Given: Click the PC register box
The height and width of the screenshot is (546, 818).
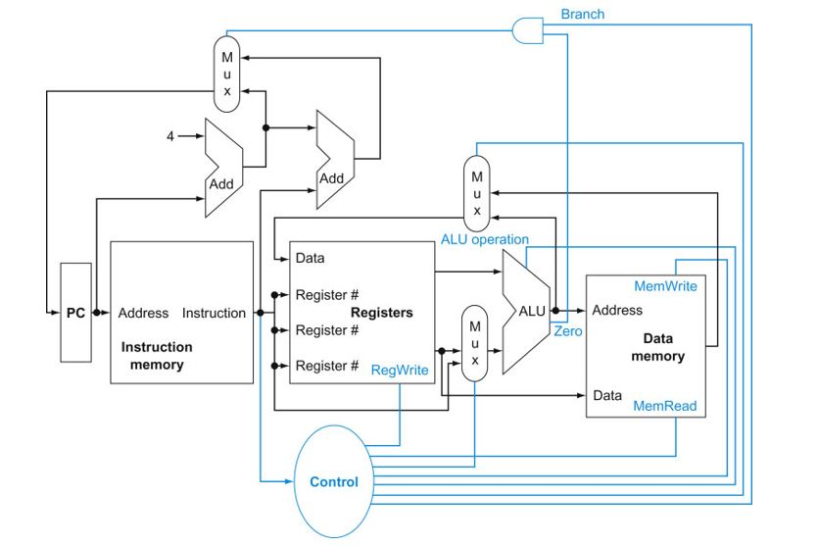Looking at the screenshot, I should click(75, 314).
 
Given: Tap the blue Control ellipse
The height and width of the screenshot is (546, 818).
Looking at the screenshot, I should click(334, 481).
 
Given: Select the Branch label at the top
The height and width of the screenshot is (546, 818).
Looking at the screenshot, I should click(582, 14).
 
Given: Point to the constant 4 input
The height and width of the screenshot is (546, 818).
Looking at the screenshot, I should click(169, 136).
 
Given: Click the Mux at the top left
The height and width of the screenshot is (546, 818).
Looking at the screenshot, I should click(227, 73).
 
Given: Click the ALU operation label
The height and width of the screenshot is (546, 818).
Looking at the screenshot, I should click(484, 239).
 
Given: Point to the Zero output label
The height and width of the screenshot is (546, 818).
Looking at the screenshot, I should click(568, 331).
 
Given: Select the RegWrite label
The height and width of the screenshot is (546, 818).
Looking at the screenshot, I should click(399, 370).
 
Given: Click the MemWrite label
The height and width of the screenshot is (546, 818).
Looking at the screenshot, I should click(665, 286).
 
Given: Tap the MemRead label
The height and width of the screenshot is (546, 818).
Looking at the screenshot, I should click(665, 405).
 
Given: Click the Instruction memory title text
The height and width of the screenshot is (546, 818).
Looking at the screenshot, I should click(157, 356).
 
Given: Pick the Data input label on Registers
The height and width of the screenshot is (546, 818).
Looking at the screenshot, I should click(310, 259).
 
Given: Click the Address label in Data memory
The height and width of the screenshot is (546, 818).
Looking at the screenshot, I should click(617, 310).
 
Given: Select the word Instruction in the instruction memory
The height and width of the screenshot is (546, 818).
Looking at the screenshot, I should click(214, 314).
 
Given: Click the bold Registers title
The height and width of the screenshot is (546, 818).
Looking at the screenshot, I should click(381, 313).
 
